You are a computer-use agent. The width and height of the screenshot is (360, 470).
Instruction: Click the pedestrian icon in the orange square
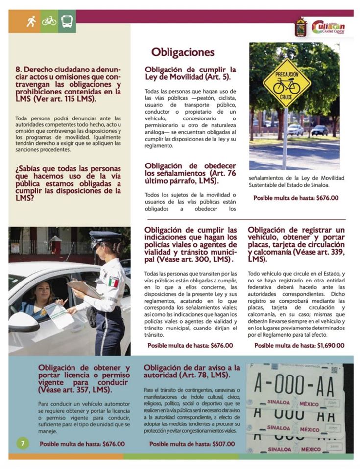coord(31,21)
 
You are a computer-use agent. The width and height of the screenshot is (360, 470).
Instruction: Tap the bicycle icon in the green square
coord(49,21)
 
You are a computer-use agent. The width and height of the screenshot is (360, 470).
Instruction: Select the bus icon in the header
coord(67,21)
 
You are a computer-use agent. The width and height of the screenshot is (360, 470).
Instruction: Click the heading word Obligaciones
coord(183,52)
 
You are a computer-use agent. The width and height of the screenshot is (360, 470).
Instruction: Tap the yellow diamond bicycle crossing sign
coord(287,84)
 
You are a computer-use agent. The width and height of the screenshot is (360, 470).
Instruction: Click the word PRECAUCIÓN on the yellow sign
coord(287,74)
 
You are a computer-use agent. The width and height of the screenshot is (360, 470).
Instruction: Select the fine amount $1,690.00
coord(331,345)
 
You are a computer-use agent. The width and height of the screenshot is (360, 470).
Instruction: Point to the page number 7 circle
coord(23,444)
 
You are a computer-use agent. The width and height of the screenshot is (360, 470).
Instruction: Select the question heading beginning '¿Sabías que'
coord(68,184)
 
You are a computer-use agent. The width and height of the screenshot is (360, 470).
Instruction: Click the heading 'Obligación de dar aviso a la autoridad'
coord(192,371)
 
